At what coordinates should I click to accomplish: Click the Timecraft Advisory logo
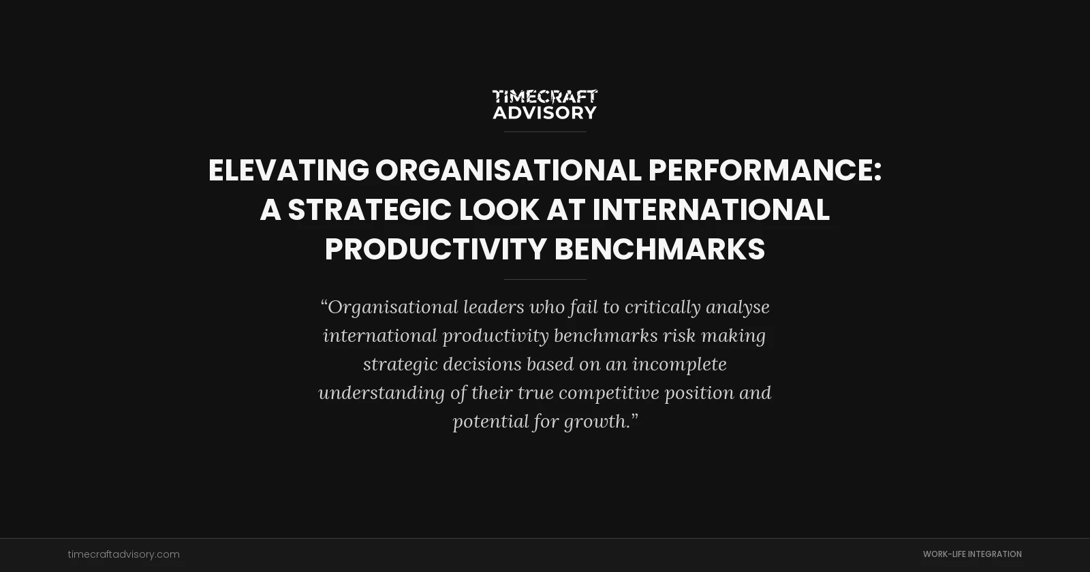(x=545, y=104)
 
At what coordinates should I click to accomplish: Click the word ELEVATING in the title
(x=288, y=170)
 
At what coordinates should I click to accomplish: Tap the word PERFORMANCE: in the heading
(x=764, y=170)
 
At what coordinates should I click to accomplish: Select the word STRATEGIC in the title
(x=369, y=210)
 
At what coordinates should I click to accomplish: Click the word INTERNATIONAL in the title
(x=711, y=210)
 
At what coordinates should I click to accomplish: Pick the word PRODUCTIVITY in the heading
(x=435, y=249)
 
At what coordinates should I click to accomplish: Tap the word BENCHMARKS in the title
(x=659, y=249)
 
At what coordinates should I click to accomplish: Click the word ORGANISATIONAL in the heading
(x=508, y=170)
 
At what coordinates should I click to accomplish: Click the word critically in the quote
(x=662, y=307)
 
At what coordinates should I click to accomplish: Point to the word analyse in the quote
(x=738, y=307)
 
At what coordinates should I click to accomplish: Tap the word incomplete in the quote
(x=679, y=364)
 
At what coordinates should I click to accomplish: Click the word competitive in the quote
(x=608, y=393)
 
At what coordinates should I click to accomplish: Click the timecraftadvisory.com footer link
(x=124, y=554)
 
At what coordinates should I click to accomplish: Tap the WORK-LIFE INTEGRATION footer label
(x=972, y=554)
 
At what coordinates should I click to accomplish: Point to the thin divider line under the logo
(x=545, y=131)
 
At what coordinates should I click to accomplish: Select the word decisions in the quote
(x=482, y=364)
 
